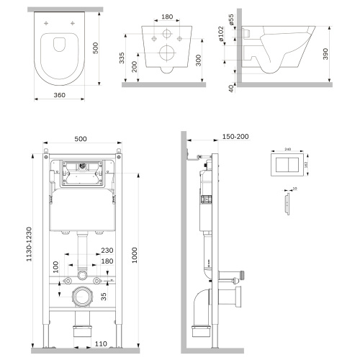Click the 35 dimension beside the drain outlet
click(104, 295)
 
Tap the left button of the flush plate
click(281, 163)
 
